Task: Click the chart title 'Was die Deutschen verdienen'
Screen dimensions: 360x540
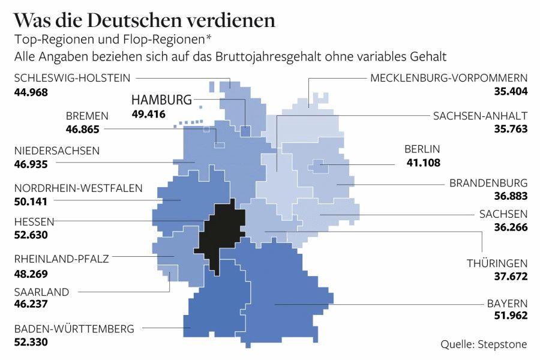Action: pos(144,20)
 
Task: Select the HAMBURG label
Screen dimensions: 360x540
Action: pos(161,100)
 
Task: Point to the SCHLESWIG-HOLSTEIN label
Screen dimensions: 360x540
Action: pos(72,78)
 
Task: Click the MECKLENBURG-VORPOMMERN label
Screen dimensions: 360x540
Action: pos(449,78)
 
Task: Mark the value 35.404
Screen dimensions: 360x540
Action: pos(509,92)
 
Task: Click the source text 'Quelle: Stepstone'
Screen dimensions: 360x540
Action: pos(484,344)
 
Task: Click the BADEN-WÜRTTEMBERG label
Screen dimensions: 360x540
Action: pos(74,328)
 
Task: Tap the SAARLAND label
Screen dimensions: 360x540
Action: pos(41,292)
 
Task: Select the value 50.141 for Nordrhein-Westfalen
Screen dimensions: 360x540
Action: pos(30,202)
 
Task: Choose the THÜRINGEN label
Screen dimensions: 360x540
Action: pos(497,263)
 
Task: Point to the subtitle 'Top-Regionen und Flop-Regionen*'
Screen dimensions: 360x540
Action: pos(113,40)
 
